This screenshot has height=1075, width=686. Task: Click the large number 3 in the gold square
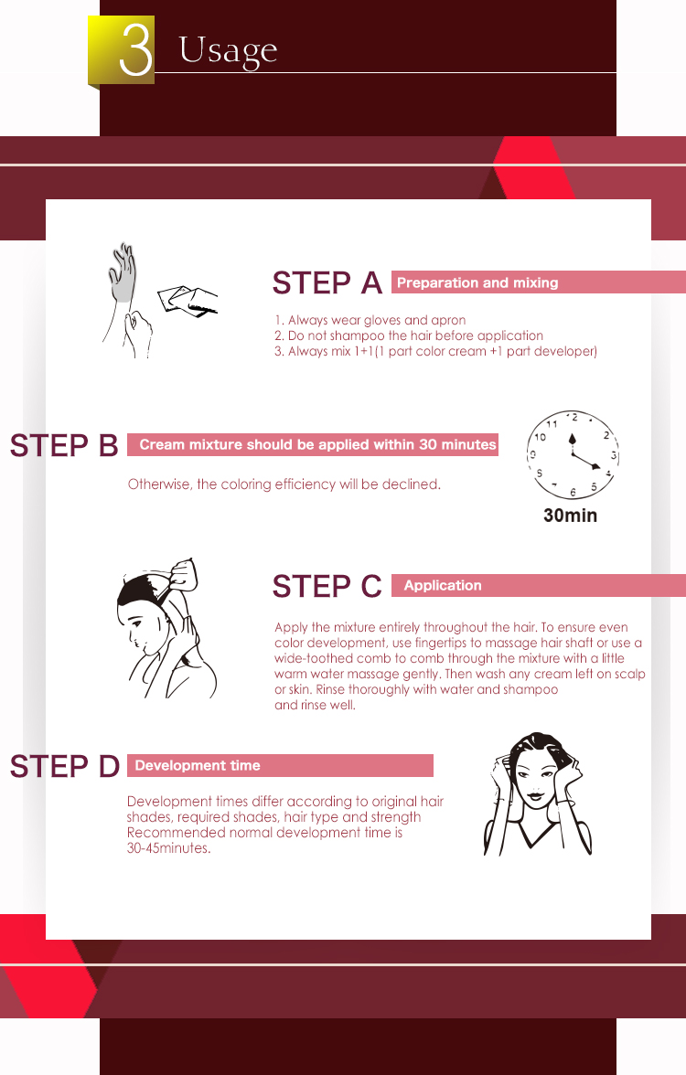click(135, 49)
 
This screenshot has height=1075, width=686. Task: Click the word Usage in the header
click(228, 51)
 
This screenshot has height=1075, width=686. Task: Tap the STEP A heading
click(327, 282)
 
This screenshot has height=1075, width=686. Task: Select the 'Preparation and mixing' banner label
click(477, 282)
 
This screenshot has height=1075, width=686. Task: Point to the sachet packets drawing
click(187, 300)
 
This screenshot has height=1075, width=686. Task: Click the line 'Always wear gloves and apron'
click(370, 320)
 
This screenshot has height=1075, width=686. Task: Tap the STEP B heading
click(64, 446)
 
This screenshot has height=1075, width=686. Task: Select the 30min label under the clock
click(570, 516)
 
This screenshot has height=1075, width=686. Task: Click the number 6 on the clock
click(573, 492)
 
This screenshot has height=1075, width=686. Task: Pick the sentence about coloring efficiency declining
click(284, 484)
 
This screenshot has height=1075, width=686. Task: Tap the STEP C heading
click(327, 586)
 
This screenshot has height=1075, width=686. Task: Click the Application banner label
click(443, 585)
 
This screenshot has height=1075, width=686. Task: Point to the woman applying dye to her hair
click(166, 629)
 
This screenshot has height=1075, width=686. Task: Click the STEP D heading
click(64, 766)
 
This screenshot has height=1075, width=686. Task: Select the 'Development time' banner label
click(198, 765)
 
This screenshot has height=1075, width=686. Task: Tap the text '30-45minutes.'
click(168, 848)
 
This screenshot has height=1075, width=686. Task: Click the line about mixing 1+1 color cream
click(435, 351)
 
